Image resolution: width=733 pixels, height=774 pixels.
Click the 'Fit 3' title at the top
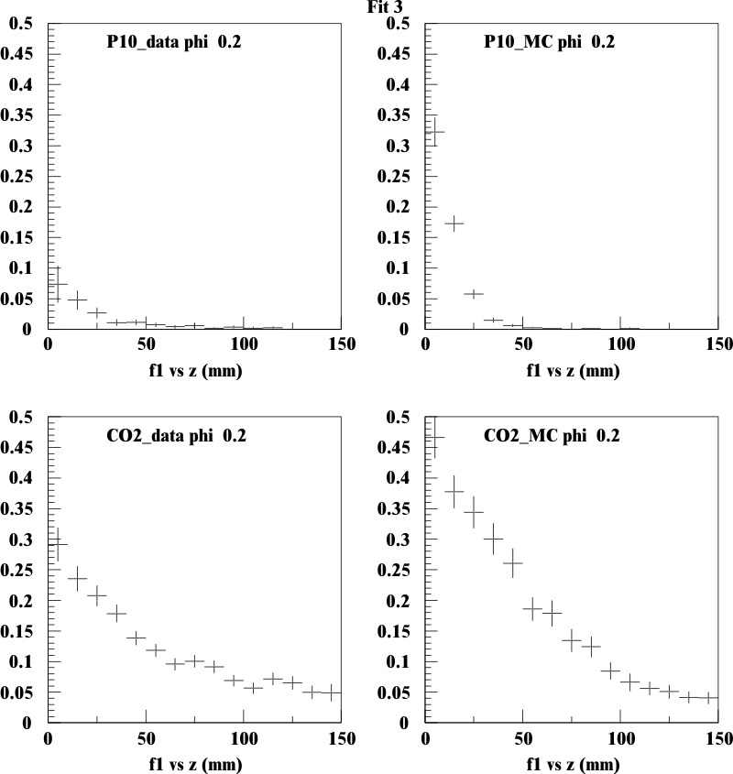coord(385,7)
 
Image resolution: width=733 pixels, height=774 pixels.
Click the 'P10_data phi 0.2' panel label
coord(174,42)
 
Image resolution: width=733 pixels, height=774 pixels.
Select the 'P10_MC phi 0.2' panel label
coord(549,42)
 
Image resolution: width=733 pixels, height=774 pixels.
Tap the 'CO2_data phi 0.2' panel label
coord(176,435)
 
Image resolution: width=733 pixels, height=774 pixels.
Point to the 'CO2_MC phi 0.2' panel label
coord(552,435)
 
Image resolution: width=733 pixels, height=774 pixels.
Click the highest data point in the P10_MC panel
coord(434,132)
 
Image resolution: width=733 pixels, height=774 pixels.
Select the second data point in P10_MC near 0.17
coord(454,223)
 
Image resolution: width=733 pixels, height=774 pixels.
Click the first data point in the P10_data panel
coord(58,284)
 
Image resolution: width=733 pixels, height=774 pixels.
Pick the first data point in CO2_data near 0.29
coord(58,544)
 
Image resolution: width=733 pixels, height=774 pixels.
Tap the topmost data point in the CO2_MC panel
coord(434,437)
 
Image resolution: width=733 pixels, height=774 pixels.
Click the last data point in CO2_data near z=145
coord(332,692)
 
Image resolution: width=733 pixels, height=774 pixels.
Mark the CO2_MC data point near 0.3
coord(493,539)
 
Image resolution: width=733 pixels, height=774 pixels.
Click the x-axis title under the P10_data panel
coord(195,370)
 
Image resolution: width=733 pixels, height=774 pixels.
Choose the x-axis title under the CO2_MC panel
coord(573,764)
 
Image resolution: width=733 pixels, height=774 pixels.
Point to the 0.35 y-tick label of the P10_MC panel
coord(393,115)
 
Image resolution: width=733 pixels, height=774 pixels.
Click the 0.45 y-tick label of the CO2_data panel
coord(16,447)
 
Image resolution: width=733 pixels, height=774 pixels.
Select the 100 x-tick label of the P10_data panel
coord(244,344)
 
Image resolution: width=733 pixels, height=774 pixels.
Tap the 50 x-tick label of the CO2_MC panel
coord(523,738)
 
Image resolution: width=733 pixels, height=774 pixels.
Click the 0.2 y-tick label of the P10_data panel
coord(21,206)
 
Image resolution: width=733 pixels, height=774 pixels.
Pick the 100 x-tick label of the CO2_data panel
coord(244,738)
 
